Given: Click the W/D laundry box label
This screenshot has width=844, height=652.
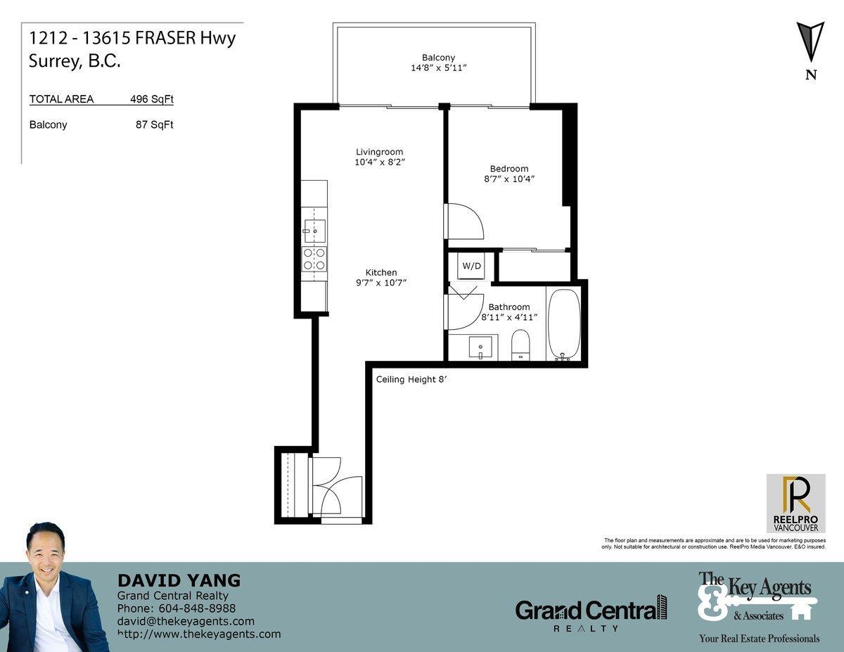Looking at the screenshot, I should click(x=471, y=266).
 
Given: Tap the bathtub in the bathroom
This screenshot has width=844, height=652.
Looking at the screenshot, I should click(x=564, y=324).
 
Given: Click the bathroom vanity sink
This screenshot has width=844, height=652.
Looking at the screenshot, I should click(x=482, y=346).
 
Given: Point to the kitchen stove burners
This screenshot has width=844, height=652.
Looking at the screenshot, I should click(x=314, y=259).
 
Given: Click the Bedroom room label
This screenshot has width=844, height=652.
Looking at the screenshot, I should click(x=509, y=169).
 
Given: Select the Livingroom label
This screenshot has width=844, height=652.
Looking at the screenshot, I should click(x=379, y=152).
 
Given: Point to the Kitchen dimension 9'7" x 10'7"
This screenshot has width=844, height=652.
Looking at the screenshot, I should click(x=381, y=283).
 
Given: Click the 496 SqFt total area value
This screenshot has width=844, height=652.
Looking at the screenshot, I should click(x=151, y=99).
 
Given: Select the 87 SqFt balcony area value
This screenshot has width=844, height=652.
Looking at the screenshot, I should click(x=154, y=125).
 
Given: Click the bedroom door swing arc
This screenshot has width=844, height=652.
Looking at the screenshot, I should click(x=465, y=221).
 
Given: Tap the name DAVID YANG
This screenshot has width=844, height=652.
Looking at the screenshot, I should click(x=179, y=580).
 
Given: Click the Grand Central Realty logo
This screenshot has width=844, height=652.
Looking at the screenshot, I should click(x=591, y=611).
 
